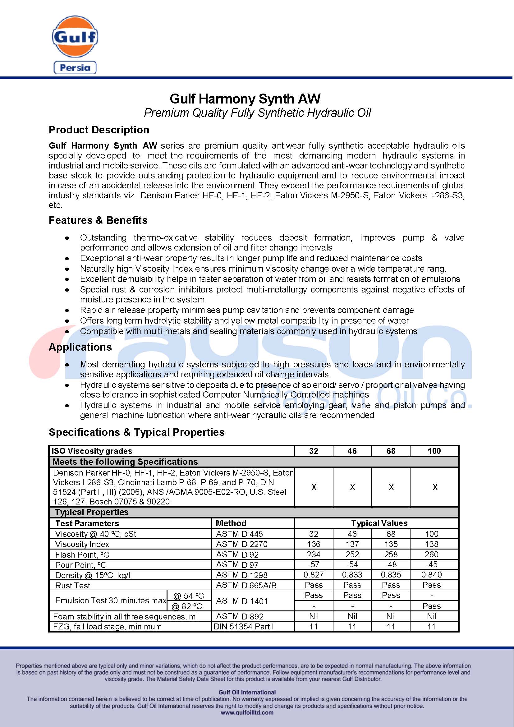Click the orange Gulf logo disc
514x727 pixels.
[75, 37]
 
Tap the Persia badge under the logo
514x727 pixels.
[75, 67]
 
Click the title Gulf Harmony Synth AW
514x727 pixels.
[245, 99]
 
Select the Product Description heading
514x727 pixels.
[99, 130]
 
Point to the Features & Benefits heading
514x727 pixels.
[98, 220]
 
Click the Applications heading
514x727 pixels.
[80, 347]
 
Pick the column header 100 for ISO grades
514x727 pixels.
[434, 451]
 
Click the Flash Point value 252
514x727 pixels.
[352, 554]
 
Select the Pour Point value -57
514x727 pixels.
[313, 564]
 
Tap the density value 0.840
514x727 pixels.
[431, 575]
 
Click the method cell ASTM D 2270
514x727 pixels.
[241, 544]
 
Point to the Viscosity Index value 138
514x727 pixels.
[431, 544]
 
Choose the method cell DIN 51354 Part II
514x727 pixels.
[245, 627]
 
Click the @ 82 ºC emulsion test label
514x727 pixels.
[187, 606]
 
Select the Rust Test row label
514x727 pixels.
[73, 586]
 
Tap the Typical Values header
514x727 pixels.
[379, 523]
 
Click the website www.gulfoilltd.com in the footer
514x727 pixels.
[247, 713]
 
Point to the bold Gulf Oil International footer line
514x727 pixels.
[247, 692]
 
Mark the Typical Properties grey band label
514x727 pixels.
[91, 512]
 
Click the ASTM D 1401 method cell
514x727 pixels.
[241, 601]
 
